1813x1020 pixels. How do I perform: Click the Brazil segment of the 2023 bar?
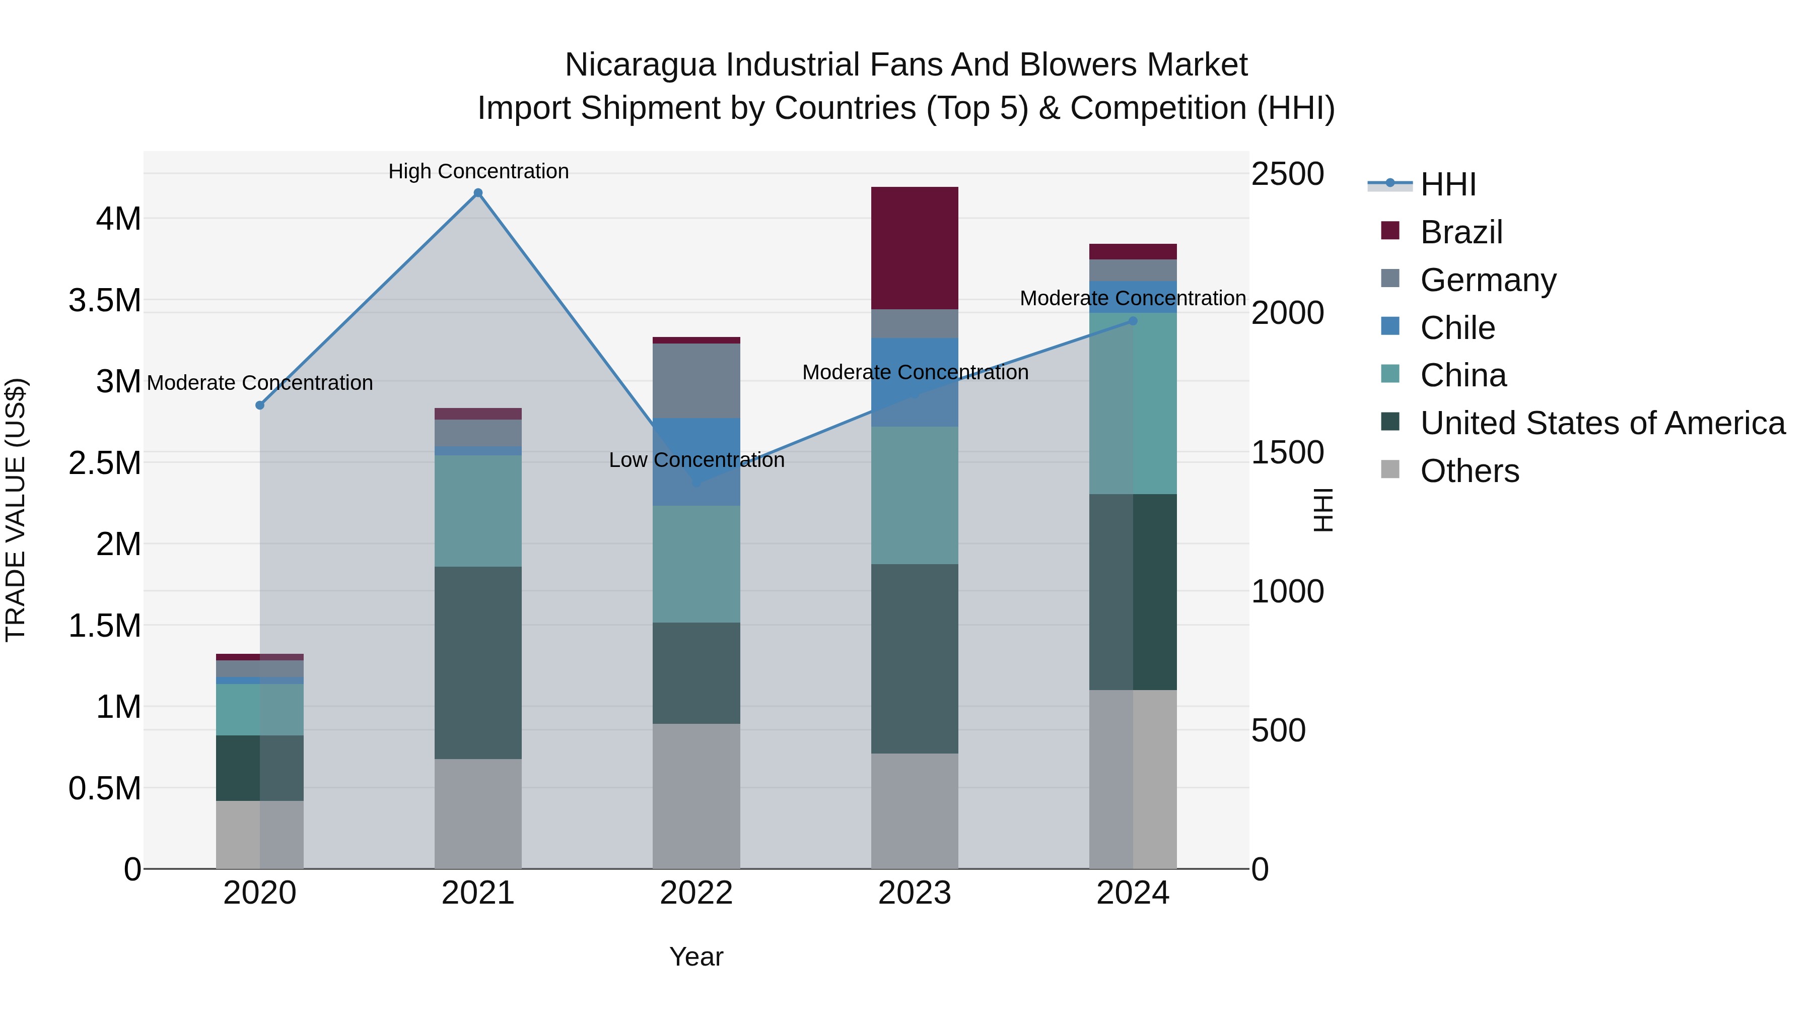(x=914, y=248)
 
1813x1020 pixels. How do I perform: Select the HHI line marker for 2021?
(x=478, y=193)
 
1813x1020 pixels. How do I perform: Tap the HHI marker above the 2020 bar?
(x=260, y=405)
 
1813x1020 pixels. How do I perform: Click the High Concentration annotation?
(x=478, y=171)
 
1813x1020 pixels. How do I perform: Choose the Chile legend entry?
(x=1457, y=327)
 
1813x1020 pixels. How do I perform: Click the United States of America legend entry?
(x=1602, y=423)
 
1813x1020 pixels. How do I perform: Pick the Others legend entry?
(x=1469, y=471)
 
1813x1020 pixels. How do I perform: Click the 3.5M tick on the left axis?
(x=105, y=301)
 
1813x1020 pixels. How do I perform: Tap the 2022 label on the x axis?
(x=696, y=893)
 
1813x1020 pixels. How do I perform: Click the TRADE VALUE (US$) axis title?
(x=16, y=510)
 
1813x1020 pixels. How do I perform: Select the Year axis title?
(x=696, y=957)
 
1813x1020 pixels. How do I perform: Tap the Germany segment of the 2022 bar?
(x=696, y=381)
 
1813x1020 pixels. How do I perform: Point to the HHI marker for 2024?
(x=1133, y=321)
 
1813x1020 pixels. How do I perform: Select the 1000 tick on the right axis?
(x=1287, y=591)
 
